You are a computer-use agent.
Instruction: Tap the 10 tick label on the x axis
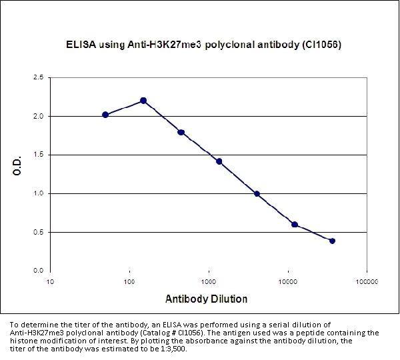click(51, 281)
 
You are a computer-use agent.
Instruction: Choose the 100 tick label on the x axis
click(129, 281)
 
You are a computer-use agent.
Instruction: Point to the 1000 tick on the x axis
click(209, 281)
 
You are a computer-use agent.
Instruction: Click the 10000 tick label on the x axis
click(288, 281)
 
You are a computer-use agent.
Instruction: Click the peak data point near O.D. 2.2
click(143, 101)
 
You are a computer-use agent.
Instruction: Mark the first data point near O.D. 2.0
click(105, 115)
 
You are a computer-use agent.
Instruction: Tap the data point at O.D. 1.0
click(257, 193)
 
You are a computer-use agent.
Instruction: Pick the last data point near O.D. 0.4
click(332, 241)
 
